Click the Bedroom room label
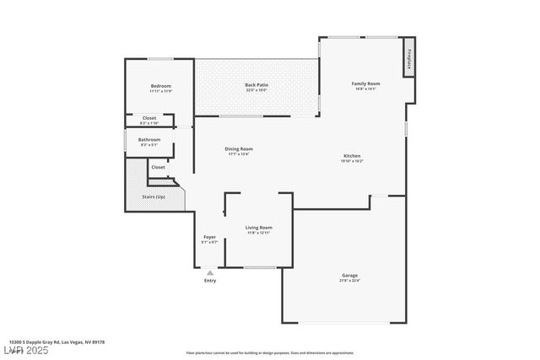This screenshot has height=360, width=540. point(161,86)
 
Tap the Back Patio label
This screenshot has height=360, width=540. point(256,84)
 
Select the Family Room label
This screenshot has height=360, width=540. point(365,83)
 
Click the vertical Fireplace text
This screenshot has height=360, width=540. point(409,58)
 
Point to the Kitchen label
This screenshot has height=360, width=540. point(352,156)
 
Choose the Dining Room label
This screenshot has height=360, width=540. point(240,149)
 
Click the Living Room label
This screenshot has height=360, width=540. point(258,228)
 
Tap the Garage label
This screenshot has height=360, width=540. point(349,276)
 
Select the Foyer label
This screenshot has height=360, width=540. point(210,237)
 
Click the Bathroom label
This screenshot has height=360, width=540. point(149,139)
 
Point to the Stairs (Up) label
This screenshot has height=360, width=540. point(154,196)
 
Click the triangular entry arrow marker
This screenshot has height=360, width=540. point(210,272)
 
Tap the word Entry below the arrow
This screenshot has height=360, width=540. point(210,281)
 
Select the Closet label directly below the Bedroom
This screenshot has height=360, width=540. point(149,118)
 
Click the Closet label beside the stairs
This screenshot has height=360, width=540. point(159,167)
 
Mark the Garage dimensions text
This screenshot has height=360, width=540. point(349,281)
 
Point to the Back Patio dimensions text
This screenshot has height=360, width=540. point(256,89)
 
